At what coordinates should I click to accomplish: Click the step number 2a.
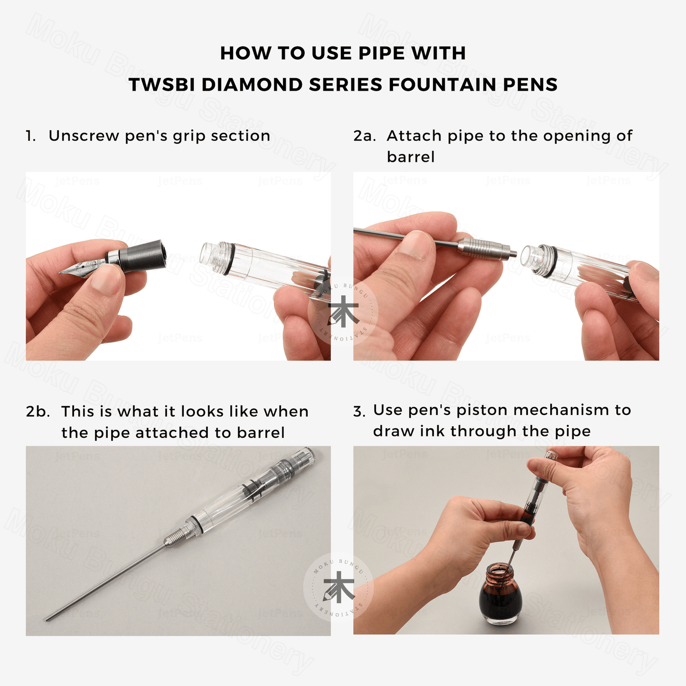tap(365, 136)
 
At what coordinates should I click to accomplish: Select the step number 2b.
tap(38, 412)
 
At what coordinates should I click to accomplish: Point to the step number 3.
tap(359, 412)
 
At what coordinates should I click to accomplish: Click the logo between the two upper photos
tap(343, 311)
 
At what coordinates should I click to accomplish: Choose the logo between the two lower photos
tap(338, 587)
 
